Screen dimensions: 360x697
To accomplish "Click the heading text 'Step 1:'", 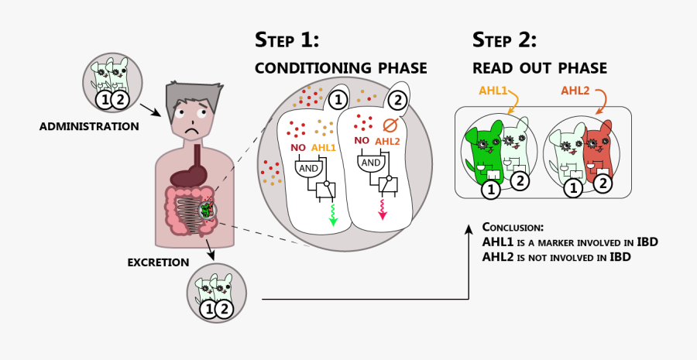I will pos(287,40).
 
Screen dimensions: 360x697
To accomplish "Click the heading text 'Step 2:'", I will pos(504,40).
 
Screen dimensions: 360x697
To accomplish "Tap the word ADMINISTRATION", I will pos(89,125).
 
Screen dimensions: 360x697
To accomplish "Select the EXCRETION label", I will pos(159,262).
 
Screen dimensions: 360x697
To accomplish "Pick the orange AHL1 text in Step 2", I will pos(493,91).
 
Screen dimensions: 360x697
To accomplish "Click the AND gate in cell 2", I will pos(371,163).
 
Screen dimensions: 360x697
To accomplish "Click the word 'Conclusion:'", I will pos(513,228).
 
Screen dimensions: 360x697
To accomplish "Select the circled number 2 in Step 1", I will pos(397,100).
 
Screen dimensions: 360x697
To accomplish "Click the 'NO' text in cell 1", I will pos(297,146).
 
